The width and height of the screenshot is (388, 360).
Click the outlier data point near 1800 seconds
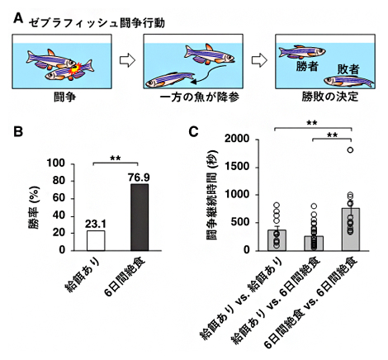click(351, 149)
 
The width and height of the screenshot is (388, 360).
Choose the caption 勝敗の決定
click(324, 97)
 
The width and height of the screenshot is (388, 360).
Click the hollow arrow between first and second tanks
click(127, 60)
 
